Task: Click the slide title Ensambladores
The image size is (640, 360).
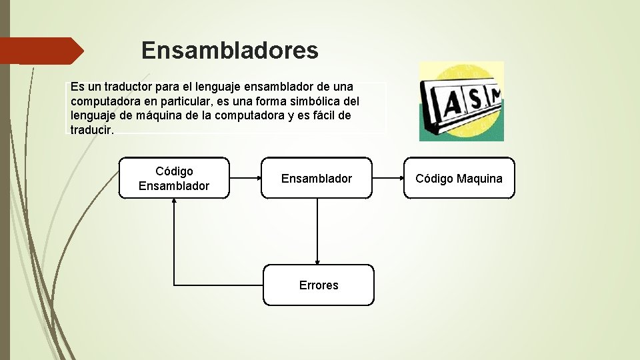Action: (x=230, y=50)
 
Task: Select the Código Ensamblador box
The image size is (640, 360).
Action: (x=174, y=178)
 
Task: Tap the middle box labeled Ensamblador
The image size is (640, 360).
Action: (x=317, y=178)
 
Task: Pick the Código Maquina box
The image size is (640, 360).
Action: (x=459, y=178)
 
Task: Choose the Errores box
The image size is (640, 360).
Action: (x=319, y=285)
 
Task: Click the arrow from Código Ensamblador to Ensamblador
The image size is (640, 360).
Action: (x=245, y=178)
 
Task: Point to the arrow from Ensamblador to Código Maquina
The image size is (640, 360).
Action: (x=387, y=178)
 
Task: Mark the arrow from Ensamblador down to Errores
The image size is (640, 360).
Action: (x=317, y=231)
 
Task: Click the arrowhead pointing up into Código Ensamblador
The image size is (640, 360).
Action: (x=174, y=203)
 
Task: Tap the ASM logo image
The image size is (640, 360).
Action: (x=461, y=101)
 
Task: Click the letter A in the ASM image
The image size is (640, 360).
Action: (x=452, y=103)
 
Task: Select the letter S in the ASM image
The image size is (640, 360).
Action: (x=473, y=100)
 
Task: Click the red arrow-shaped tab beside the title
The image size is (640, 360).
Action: (x=41, y=51)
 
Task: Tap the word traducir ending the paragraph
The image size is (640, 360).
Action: (x=91, y=129)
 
